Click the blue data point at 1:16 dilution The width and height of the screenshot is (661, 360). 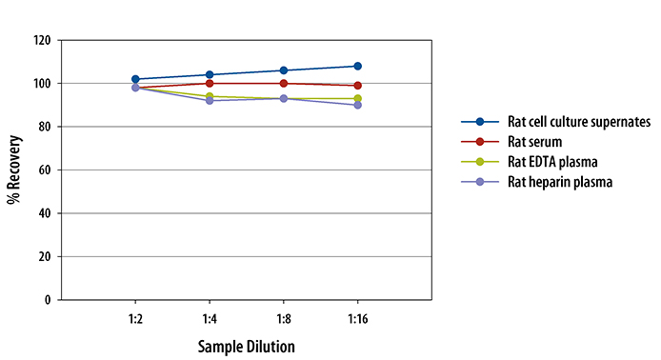(x=357, y=66)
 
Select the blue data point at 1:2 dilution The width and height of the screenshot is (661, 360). (x=135, y=79)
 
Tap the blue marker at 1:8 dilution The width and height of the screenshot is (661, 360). (x=283, y=70)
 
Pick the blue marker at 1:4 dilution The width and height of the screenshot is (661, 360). (x=210, y=74)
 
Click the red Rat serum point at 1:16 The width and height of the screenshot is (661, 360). (x=357, y=86)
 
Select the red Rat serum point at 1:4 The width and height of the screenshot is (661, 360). (x=210, y=83)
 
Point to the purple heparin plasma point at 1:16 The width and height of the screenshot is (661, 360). (x=357, y=105)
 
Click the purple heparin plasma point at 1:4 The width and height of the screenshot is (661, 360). (x=210, y=100)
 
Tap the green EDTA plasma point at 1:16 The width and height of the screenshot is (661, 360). (x=357, y=98)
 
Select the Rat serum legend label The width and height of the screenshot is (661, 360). (x=529, y=142)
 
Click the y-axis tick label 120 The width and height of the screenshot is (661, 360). (x=41, y=41)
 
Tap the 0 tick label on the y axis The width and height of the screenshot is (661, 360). (x=47, y=300)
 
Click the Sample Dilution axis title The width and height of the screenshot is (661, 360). (x=246, y=346)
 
